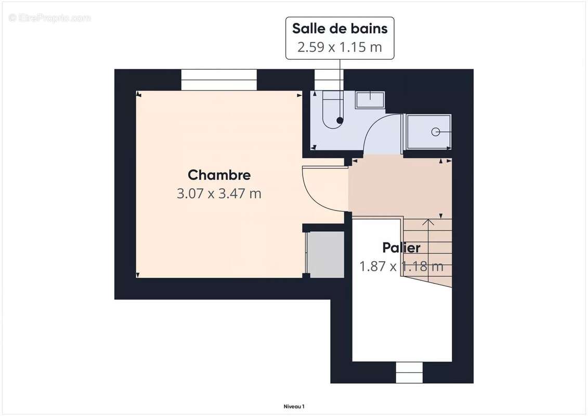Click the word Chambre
(x=219, y=175)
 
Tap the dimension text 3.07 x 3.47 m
(x=219, y=194)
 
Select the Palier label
(x=401, y=248)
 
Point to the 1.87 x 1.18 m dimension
(x=401, y=266)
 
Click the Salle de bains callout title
(x=339, y=28)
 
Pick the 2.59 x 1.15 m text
(x=339, y=47)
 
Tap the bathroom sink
(x=370, y=99)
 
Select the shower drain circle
(x=435, y=132)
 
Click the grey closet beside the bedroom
(x=326, y=255)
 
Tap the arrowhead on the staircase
(x=428, y=223)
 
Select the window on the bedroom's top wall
(x=219, y=80)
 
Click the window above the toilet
(x=326, y=80)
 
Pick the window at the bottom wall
(x=409, y=372)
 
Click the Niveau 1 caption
(x=294, y=406)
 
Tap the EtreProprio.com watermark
(x=49, y=18)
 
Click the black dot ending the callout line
(x=339, y=121)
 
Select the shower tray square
(x=428, y=133)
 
